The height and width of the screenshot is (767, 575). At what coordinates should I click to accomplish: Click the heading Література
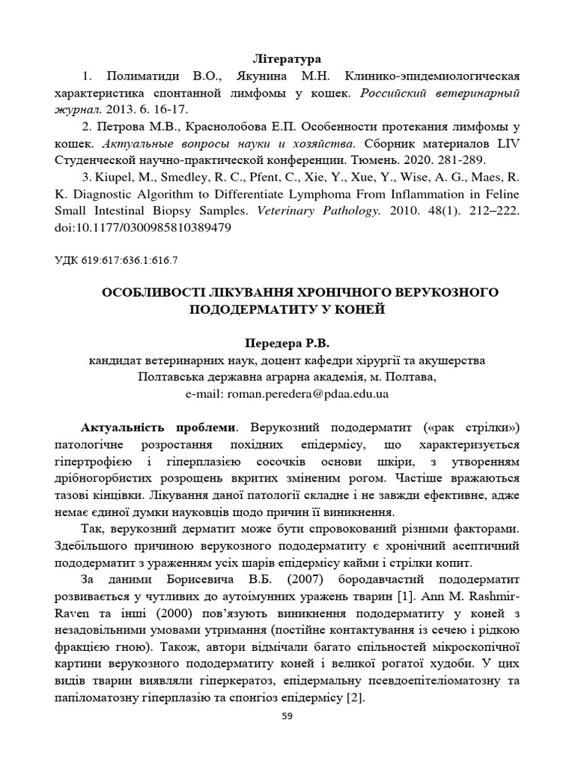pyautogui.click(x=287, y=58)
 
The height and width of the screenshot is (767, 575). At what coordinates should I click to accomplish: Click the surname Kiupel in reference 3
pyautogui.click(x=115, y=178)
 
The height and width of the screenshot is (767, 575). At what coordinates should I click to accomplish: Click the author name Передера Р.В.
pyautogui.click(x=287, y=343)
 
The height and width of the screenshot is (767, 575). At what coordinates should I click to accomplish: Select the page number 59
pyautogui.click(x=287, y=717)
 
